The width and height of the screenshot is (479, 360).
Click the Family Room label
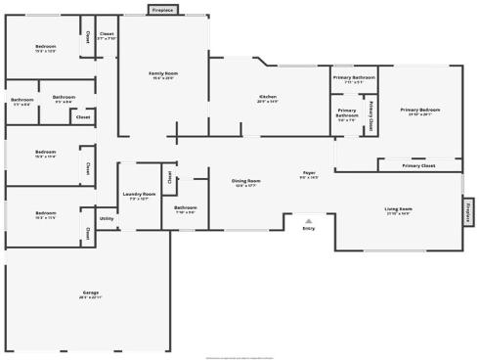[x=163, y=73]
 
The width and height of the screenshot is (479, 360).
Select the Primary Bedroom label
[x=419, y=110]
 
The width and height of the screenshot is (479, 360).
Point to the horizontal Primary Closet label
[x=419, y=166]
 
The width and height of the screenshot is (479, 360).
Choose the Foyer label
[x=309, y=173]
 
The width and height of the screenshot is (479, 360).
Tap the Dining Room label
[x=246, y=181]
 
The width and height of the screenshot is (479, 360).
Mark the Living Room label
[x=398, y=208]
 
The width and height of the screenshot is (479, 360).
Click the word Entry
[x=308, y=228]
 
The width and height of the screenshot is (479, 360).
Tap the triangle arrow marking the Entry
[x=308, y=219]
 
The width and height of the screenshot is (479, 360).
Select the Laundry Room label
[x=139, y=195]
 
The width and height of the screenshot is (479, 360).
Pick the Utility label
[x=107, y=218]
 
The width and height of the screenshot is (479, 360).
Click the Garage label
[x=90, y=292]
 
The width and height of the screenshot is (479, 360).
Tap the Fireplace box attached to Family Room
[x=163, y=10]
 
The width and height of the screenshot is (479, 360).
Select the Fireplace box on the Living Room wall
[x=468, y=211]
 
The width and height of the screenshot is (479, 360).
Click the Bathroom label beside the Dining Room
[x=186, y=208]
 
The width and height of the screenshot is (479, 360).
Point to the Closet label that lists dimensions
[x=107, y=35]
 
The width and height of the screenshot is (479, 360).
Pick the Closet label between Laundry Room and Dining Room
[x=169, y=177]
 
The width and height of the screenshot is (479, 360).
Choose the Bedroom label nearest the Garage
[x=46, y=213]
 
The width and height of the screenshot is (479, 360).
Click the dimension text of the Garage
[x=90, y=297]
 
